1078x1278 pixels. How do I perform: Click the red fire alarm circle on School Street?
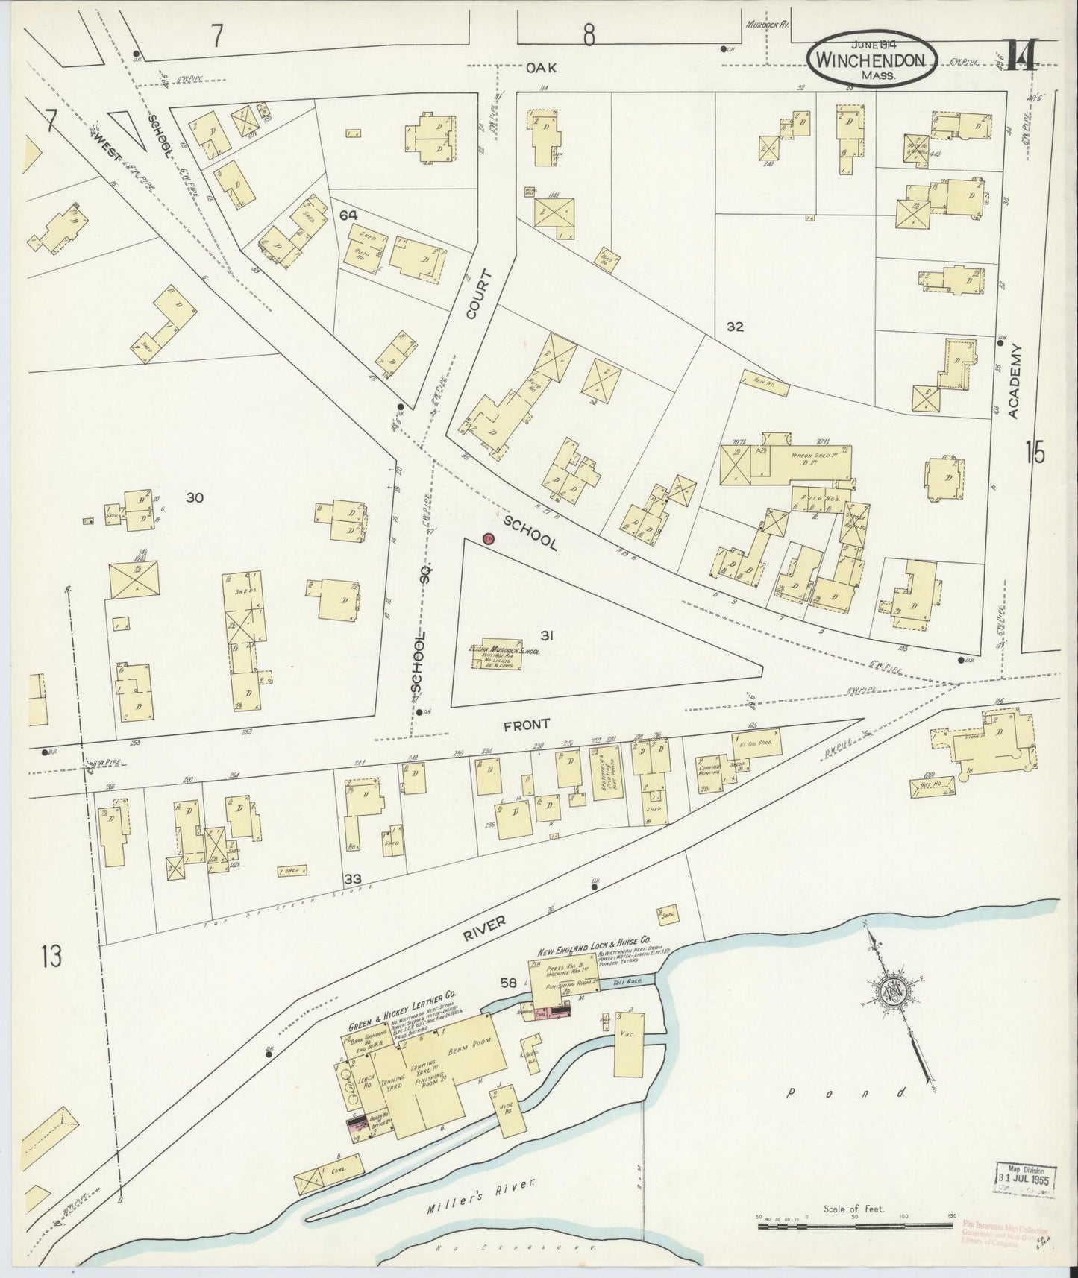pos(488,538)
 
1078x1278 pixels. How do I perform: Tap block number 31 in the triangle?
pos(547,635)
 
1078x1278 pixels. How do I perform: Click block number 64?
pos(347,215)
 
